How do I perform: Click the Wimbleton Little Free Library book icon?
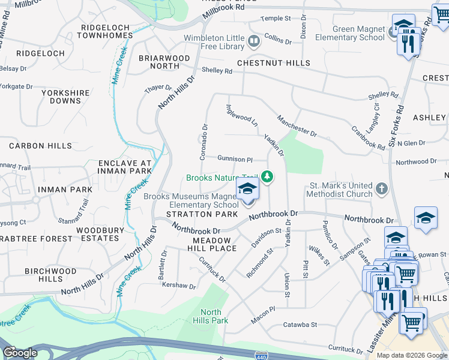[254, 41]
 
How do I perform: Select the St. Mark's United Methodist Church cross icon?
[381, 190]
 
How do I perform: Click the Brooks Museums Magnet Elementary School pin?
[247, 191]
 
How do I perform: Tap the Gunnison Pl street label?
[235, 159]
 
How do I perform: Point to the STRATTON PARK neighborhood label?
[197, 214]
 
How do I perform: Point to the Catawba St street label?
[300, 325]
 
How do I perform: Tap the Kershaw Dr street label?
[179, 286]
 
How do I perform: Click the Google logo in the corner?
[20, 353]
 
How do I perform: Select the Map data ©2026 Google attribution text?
[411, 355]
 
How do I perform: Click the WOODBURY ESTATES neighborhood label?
[100, 234]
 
